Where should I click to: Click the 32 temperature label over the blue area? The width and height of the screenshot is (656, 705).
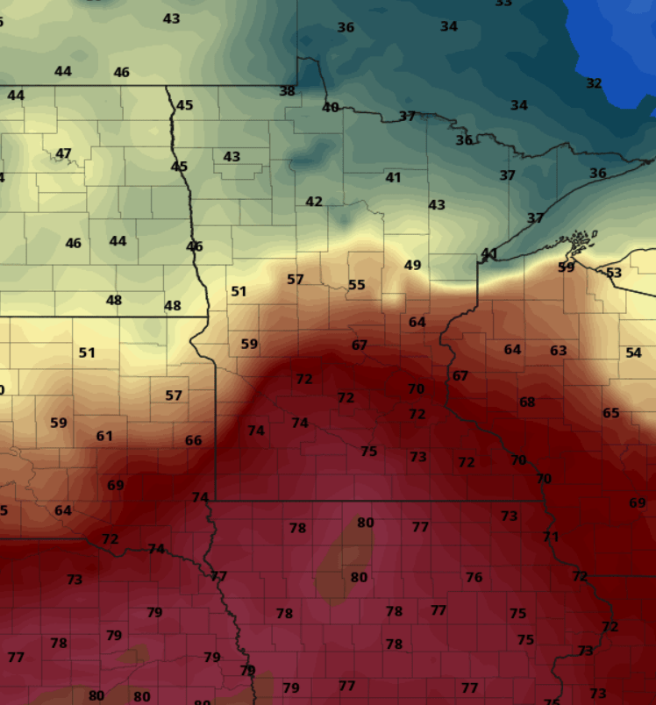[594, 83]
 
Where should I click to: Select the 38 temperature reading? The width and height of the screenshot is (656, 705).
[287, 90]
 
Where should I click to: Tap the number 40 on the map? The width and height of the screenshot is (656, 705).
[330, 107]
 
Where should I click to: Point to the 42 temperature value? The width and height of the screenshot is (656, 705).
[314, 202]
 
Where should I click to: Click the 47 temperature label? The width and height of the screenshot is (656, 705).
[63, 153]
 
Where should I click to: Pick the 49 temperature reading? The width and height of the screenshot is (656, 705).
[412, 265]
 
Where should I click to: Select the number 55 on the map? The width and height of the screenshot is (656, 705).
[356, 285]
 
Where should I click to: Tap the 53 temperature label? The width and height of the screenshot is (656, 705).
[614, 273]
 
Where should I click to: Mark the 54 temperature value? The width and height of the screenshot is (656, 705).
[633, 352]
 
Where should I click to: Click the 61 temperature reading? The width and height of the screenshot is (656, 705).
[104, 436]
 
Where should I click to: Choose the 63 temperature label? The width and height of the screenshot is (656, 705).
[558, 351]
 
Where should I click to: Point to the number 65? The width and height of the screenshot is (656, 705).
[610, 413]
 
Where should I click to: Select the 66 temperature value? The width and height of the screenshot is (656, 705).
[193, 440]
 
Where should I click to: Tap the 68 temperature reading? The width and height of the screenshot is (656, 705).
[526, 402]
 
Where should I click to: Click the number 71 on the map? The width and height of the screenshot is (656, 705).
[550, 537]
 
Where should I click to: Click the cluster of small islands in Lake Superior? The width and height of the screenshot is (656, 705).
[580, 239]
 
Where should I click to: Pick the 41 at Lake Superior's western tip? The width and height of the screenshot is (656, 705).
[488, 253]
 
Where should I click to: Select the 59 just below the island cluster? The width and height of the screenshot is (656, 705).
[566, 267]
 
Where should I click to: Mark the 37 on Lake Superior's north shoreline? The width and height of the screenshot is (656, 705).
[535, 217]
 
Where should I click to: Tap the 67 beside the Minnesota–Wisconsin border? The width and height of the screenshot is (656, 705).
[460, 375]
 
